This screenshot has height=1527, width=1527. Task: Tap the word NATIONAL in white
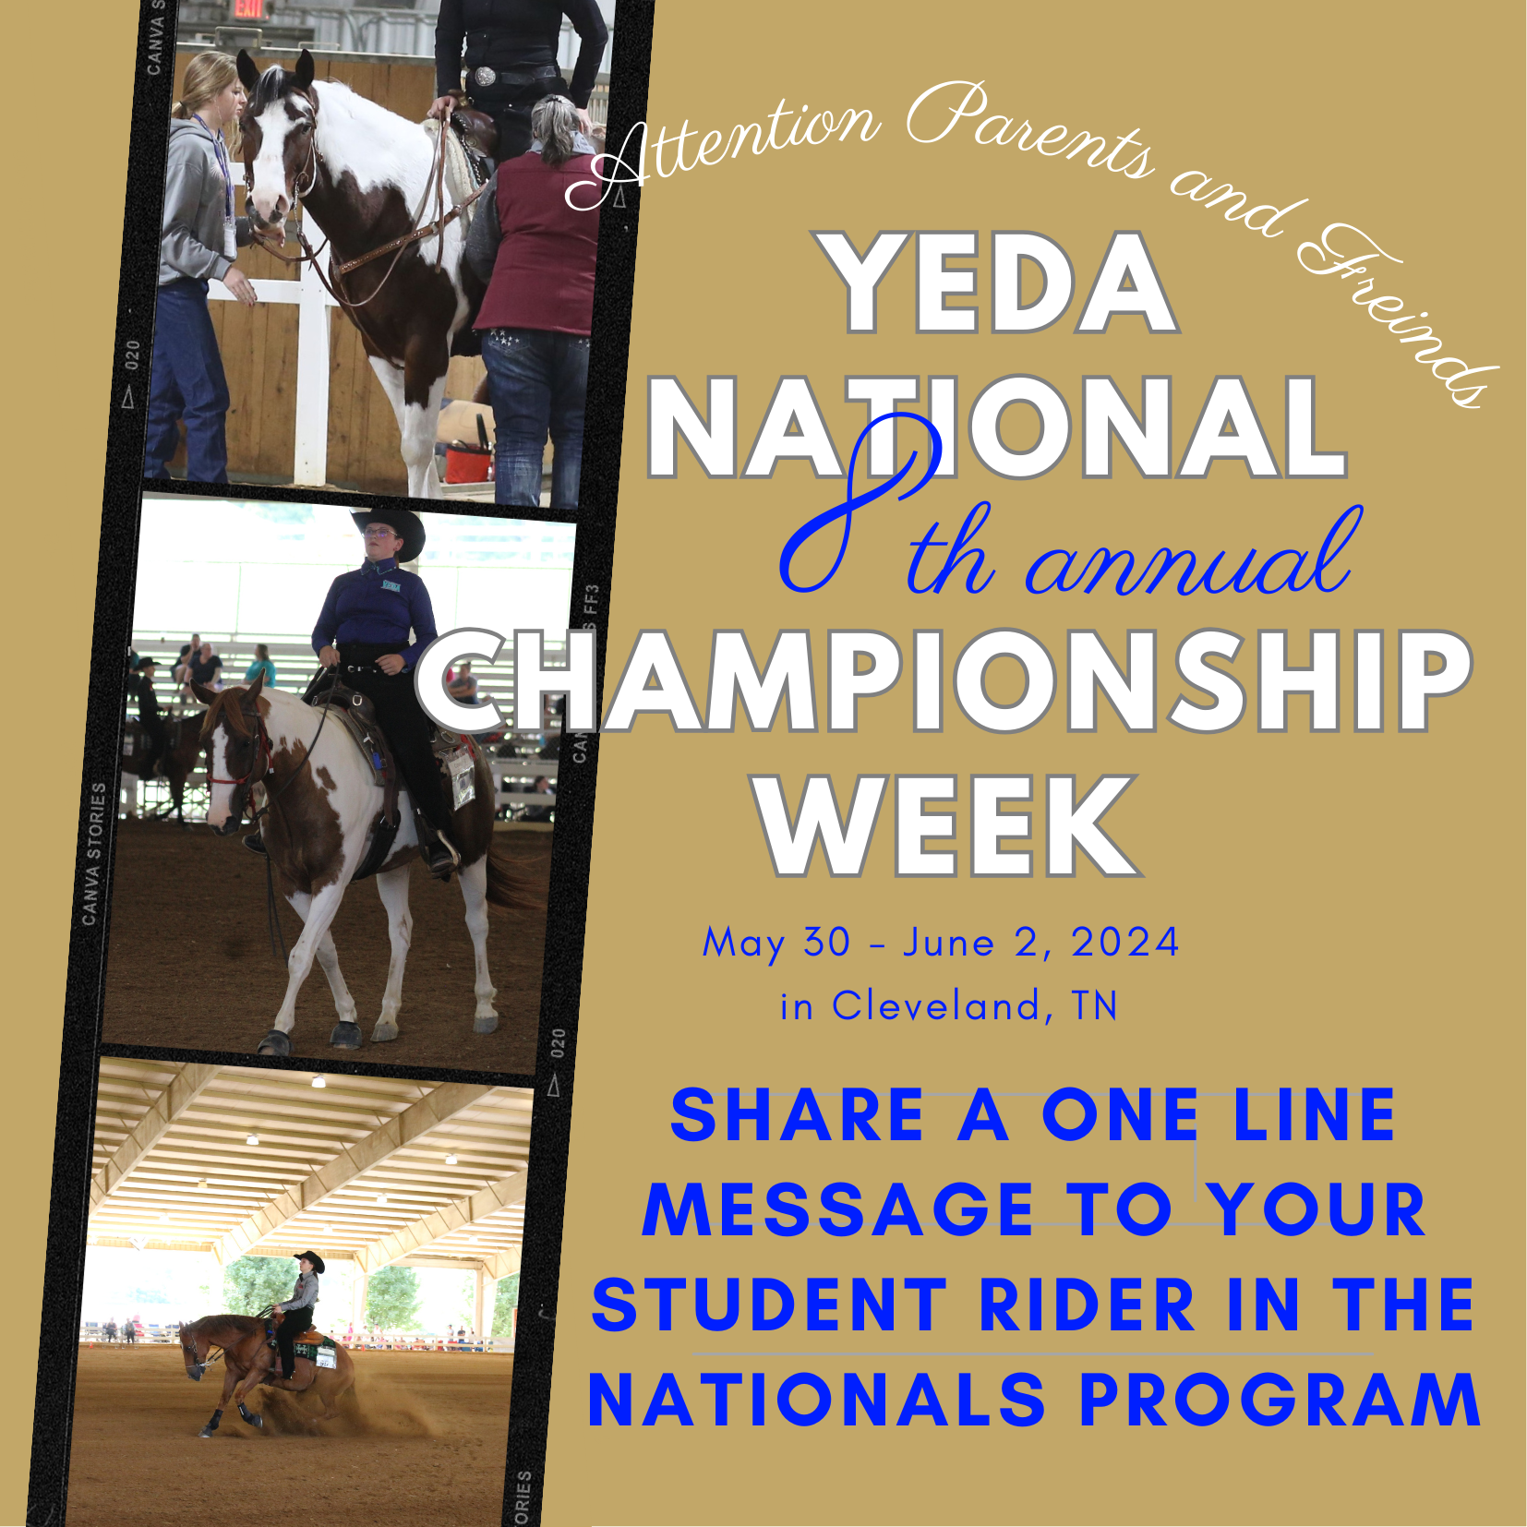[997, 427]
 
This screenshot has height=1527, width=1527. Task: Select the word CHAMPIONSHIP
[944, 681]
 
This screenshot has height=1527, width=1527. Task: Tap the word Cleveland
[937, 1005]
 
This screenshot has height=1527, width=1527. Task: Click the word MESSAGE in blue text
[838, 1210]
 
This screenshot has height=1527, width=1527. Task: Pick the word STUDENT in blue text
[770, 1305]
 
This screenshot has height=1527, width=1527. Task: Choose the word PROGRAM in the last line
[1280, 1401]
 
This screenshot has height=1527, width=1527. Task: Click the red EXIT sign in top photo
[248, 8]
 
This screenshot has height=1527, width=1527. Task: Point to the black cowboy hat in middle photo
[390, 530]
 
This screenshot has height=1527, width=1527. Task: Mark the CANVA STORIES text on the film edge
[94, 854]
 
